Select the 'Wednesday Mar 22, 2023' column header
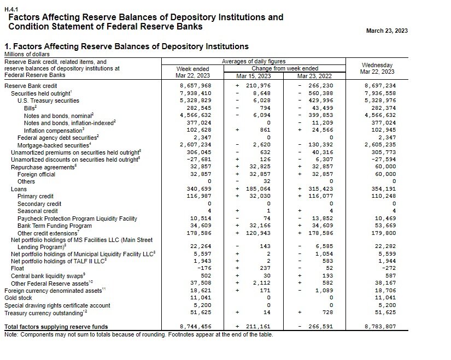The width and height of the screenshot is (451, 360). coord(377,68)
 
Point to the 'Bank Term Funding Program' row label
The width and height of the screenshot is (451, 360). coord(54,226)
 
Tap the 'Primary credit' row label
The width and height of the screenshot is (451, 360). coord(36,196)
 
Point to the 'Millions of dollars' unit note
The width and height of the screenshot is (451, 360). coord(27,54)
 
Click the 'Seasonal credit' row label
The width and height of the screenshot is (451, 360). coord(37,211)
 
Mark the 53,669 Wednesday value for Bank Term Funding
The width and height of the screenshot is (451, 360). coord(385,226)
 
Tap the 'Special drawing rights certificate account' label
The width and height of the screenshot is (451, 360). coord(57,306)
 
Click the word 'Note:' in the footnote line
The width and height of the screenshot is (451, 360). coord(12,334)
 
